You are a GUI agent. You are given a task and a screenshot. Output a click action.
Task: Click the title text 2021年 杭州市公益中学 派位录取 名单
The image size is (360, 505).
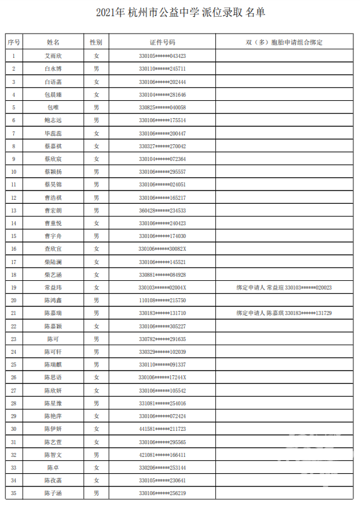[180, 13]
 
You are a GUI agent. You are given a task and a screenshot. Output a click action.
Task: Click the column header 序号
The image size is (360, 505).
[14, 43]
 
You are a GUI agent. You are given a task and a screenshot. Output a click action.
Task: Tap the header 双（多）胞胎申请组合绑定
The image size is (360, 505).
[284, 43]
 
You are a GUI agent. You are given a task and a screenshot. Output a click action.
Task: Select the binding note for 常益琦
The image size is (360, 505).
[284, 287]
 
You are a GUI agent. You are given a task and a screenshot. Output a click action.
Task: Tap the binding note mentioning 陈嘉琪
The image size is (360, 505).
[284, 313]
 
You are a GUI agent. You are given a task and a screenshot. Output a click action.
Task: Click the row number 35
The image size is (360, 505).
[14, 493]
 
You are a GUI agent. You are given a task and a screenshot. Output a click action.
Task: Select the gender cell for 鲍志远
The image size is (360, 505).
[97, 120]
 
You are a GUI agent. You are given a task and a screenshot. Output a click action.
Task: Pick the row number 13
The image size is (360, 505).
[14, 210]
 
